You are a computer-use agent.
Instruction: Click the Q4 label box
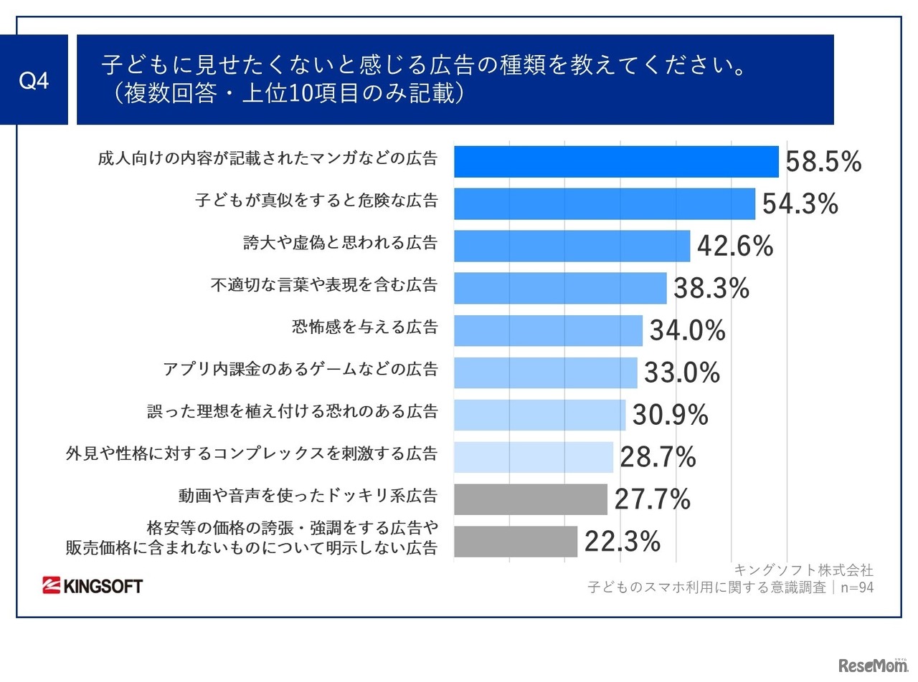[34, 80]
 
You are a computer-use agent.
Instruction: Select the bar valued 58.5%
[616, 162]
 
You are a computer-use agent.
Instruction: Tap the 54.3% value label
[800, 204]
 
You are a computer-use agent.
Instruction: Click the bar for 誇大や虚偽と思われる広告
[572, 246]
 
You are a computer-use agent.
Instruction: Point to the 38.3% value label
[711, 289]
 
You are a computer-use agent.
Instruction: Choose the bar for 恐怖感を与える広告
[548, 330]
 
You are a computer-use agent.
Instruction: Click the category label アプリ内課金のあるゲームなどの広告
[300, 370]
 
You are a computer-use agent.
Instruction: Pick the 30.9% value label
[670, 416]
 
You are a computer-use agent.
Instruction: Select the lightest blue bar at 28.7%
[534, 457]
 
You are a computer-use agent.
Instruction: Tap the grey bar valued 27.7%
[531, 499]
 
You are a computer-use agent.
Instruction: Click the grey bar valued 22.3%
[516, 542]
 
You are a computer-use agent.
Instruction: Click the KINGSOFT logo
[93, 586]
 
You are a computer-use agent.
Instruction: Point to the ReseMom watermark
[872, 664]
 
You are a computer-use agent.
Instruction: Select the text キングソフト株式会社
[803, 570]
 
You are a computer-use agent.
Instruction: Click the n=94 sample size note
[856, 588]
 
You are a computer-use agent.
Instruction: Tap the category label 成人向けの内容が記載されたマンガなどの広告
[268, 158]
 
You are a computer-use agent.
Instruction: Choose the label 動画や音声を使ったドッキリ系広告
[308, 496]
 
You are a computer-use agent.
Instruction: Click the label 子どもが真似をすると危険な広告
[316, 200]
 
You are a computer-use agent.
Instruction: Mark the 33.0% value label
[681, 373]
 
